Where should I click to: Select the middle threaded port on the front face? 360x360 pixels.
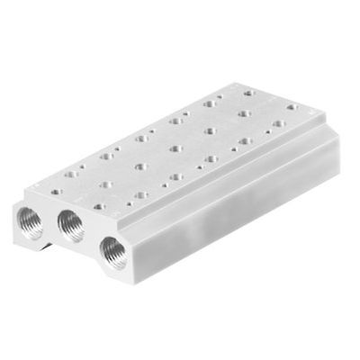point(70,221)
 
